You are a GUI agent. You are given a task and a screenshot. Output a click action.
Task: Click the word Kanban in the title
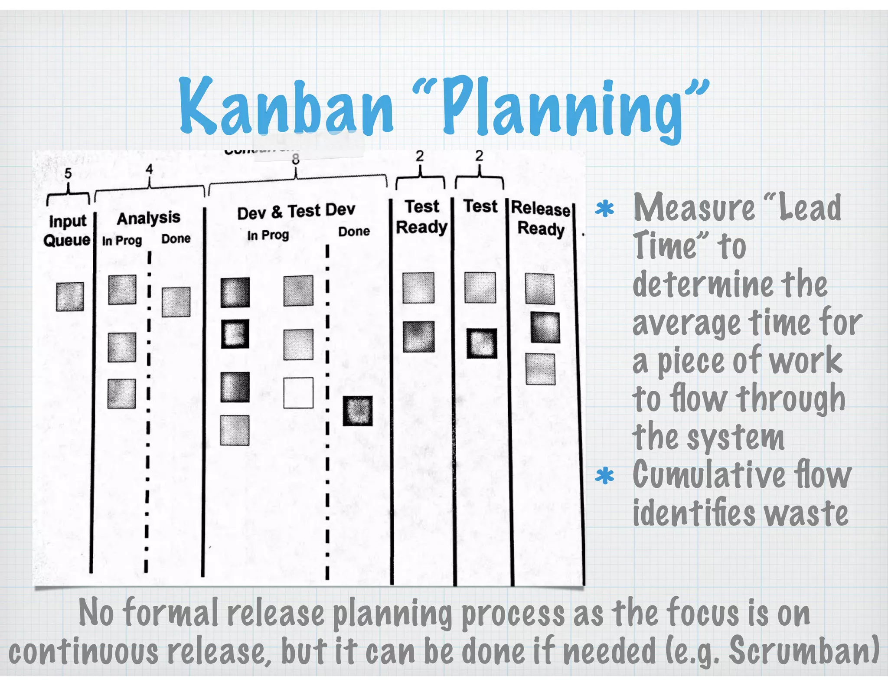(x=286, y=106)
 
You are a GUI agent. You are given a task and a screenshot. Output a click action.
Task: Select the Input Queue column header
(x=67, y=230)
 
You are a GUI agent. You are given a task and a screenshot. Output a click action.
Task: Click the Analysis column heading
(x=149, y=218)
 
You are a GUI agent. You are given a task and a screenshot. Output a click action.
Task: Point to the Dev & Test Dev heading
(x=296, y=212)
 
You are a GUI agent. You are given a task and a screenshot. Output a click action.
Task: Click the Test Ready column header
(x=421, y=217)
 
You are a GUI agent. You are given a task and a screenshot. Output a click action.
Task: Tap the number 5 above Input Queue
(x=68, y=173)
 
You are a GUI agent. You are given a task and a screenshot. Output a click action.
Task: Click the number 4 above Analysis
(x=149, y=169)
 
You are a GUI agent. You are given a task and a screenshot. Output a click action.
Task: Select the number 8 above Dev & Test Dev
(x=296, y=160)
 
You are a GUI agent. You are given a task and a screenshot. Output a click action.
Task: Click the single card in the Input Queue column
(x=70, y=297)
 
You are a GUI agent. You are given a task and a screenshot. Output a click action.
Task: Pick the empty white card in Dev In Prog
(x=298, y=393)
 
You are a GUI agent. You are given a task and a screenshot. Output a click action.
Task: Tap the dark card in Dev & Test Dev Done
(x=358, y=411)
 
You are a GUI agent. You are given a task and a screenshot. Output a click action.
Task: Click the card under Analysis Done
(x=176, y=302)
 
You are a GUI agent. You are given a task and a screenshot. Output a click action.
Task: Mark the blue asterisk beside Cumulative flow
(x=604, y=476)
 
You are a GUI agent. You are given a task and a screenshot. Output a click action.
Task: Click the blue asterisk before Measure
(x=604, y=209)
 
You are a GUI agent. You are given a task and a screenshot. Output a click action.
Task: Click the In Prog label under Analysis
(x=122, y=241)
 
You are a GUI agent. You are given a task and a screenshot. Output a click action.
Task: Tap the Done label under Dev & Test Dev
(x=354, y=232)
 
